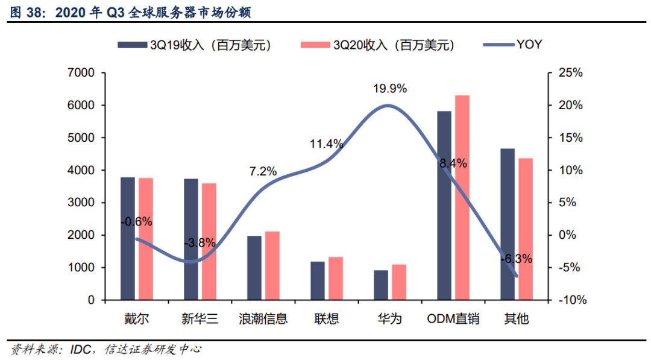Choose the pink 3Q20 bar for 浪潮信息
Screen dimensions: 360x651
pos(272,265)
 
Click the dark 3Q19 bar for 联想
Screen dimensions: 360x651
pos(318,280)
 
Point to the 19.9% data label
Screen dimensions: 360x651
pos(390,89)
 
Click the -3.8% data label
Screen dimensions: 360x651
pos(200,243)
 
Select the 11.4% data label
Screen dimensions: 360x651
pos(327,144)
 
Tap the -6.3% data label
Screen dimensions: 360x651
pos(516,259)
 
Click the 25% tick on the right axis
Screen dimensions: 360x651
pos(570,73)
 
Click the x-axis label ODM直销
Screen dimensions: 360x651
pos(453,318)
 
